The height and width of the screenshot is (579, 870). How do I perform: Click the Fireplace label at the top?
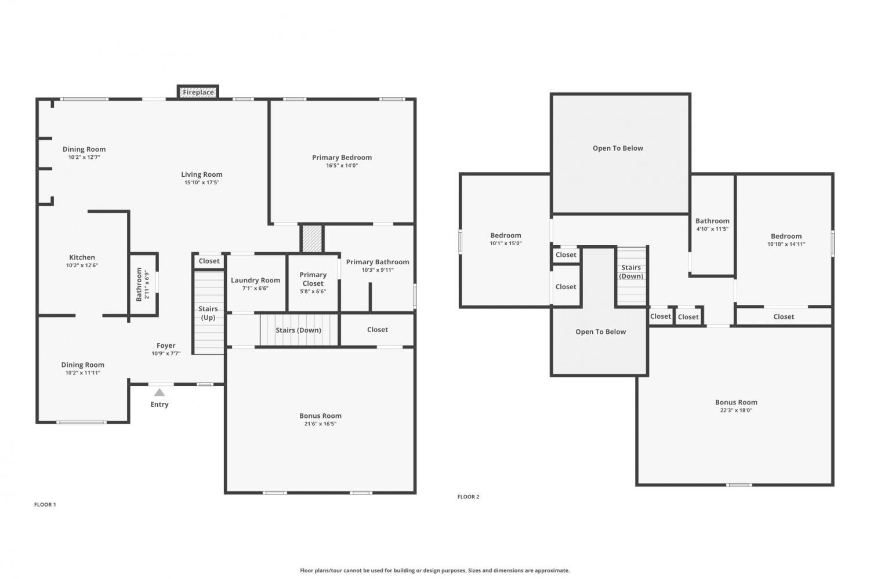tap(198, 92)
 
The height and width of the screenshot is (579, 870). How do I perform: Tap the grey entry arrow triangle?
tap(159, 392)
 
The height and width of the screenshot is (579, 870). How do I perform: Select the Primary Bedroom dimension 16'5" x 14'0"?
tap(342, 165)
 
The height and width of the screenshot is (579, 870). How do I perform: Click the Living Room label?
tap(202, 174)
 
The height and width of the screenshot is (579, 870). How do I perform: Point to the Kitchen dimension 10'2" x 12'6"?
tap(82, 265)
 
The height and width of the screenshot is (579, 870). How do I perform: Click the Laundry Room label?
tap(255, 280)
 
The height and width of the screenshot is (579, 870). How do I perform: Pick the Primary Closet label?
tap(313, 279)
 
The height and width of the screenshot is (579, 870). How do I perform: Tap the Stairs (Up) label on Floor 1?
tap(208, 313)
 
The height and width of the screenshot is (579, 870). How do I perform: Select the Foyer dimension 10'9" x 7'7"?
tap(166, 354)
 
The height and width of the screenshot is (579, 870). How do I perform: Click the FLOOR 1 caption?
tap(45, 504)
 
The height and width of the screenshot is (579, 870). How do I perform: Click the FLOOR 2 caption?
tap(469, 497)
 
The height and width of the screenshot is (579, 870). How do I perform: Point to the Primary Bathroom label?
tap(378, 262)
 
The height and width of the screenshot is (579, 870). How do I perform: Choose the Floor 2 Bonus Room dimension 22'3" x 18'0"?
tap(736, 410)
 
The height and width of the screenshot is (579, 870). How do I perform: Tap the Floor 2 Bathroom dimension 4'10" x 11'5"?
tap(712, 229)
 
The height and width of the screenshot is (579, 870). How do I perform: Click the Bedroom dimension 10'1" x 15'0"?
tap(505, 243)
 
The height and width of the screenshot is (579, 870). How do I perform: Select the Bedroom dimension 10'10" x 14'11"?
tap(786, 244)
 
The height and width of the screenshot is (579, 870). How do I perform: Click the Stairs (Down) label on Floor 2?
tap(631, 272)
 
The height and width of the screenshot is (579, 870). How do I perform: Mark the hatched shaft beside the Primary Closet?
tap(312, 238)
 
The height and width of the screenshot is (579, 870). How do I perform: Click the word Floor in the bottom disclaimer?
tap(306, 570)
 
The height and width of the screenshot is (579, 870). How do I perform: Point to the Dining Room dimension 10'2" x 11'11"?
tap(83, 373)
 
